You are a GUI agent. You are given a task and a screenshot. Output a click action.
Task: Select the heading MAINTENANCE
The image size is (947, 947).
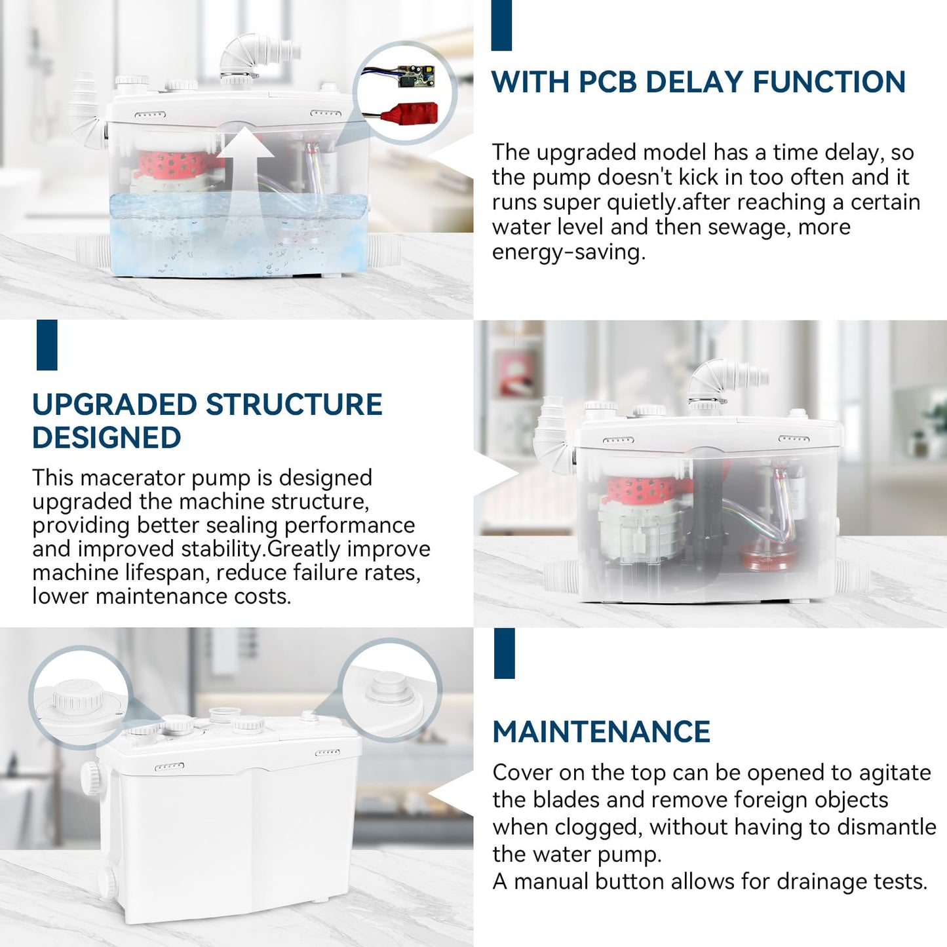[602, 732]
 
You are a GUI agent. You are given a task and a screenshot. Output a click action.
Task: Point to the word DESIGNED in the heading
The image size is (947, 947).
[107, 437]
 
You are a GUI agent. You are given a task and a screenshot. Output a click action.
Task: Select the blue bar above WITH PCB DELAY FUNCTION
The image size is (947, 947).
[501, 25]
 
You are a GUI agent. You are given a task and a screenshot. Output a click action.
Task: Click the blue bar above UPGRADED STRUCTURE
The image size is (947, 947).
[47, 345]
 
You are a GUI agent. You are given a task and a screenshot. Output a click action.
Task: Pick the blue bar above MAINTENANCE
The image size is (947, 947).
[504, 653]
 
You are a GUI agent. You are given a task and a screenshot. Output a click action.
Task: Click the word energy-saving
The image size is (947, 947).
[569, 252]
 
